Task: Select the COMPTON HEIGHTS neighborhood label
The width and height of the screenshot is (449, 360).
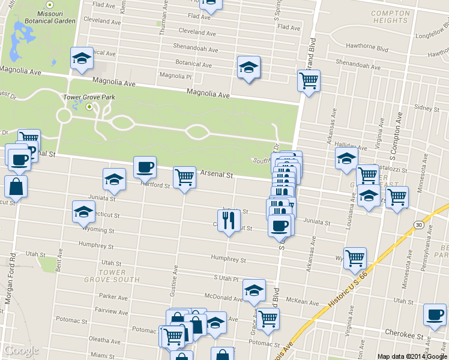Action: [390, 17]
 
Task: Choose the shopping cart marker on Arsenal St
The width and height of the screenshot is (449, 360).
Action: [184, 177]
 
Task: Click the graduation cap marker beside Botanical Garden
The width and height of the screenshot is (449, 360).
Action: [82, 58]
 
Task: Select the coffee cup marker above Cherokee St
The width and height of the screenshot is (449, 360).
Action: [435, 314]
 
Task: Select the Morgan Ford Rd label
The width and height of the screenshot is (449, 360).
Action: [12, 276]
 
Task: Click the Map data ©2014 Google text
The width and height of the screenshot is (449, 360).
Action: [412, 356]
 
